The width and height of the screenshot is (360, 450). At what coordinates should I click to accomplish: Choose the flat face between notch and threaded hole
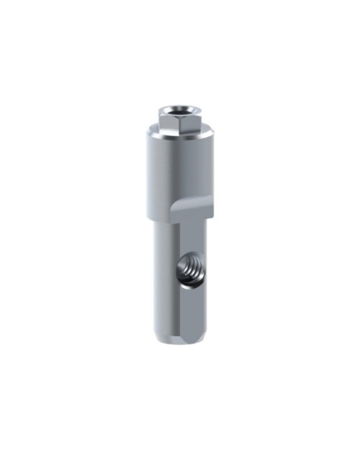coord(189,234)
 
